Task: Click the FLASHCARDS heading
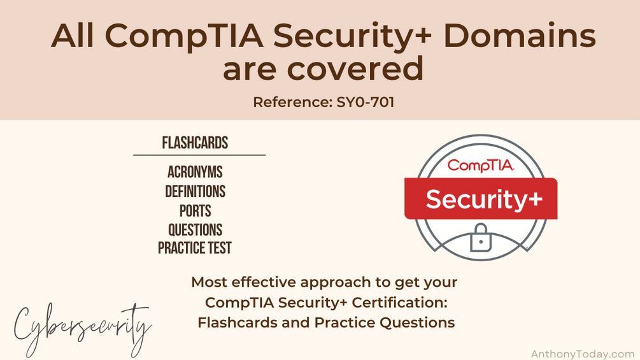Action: (195, 143)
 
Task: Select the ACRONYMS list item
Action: (195, 172)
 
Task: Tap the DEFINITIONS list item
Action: (195, 191)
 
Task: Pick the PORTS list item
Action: (195, 211)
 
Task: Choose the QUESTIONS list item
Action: (195, 230)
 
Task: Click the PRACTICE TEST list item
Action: (195, 248)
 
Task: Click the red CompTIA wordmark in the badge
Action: (480, 165)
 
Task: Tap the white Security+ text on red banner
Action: (484, 199)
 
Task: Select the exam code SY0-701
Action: (366, 102)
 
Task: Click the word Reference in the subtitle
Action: (290, 102)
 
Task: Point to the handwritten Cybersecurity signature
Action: (82, 328)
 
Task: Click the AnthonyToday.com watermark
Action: (583, 354)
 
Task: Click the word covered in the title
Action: (355, 69)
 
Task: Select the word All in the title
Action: (73, 36)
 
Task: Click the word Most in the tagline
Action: (209, 282)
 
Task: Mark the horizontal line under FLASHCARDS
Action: (199, 155)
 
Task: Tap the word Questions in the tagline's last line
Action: (416, 322)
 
